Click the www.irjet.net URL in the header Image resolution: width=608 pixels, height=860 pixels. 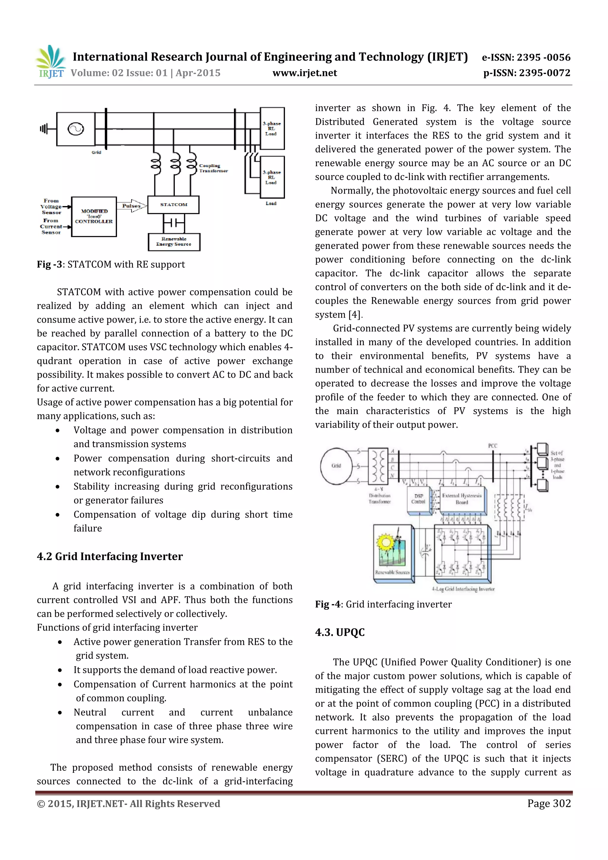point(305,73)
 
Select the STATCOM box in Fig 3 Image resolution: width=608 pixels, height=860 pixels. point(173,205)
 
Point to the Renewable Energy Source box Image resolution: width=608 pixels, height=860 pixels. point(174,242)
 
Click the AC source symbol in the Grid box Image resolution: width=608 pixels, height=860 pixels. point(76,129)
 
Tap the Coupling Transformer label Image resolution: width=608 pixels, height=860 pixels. point(213,168)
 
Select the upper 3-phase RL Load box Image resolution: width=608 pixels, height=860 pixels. point(272,129)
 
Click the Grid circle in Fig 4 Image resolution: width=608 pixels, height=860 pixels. point(336,465)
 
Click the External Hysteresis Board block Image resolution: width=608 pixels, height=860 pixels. point(462,499)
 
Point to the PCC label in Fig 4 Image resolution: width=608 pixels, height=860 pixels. point(493,446)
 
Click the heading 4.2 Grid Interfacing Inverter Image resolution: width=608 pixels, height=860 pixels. point(110,557)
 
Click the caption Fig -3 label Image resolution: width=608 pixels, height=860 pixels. point(49,265)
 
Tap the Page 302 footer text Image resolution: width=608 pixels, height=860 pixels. point(549,803)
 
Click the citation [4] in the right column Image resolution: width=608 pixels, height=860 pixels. point(355,315)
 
